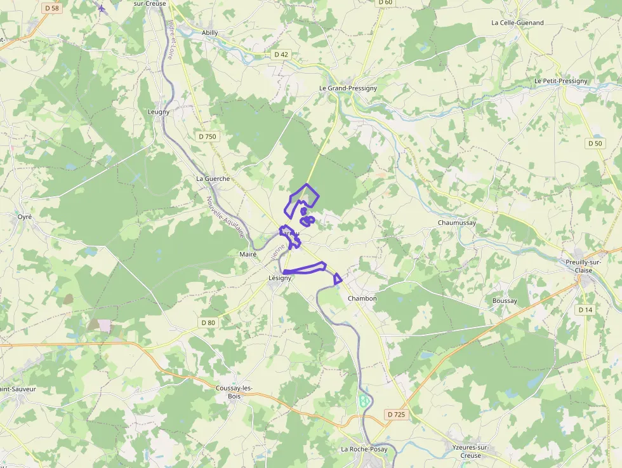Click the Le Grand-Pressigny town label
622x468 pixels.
point(348,88)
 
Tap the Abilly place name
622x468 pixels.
point(209,32)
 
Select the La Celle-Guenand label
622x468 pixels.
point(517,23)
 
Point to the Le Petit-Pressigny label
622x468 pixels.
point(561,81)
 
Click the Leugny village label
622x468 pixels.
point(159,112)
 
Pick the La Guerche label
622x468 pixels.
point(213,178)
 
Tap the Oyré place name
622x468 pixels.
point(25,217)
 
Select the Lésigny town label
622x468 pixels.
point(280,278)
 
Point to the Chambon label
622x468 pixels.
point(362,298)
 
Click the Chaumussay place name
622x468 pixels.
point(457,223)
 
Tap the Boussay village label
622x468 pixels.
point(505,300)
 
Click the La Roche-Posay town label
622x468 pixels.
point(364,449)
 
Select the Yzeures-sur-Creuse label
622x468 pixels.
point(470,451)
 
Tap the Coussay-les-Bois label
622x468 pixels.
point(234,392)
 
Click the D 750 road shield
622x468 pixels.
point(208,137)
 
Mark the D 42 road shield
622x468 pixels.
point(281,55)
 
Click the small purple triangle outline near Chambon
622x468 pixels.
point(338,278)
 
